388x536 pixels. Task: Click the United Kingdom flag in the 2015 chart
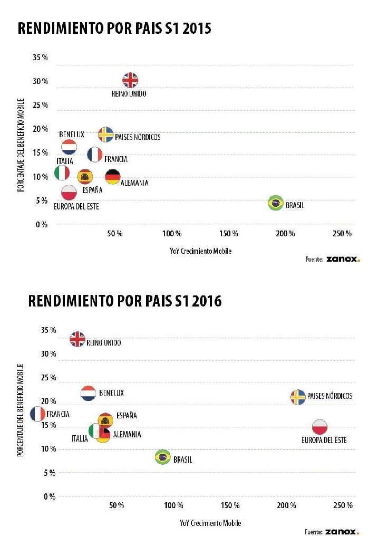click(x=130, y=80)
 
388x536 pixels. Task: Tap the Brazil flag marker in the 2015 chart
click(x=275, y=203)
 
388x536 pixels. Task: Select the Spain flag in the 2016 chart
click(x=105, y=420)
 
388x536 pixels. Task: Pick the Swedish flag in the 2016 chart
click(x=298, y=397)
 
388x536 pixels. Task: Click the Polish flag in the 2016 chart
click(x=319, y=427)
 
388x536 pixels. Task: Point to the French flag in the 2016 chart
click(x=38, y=414)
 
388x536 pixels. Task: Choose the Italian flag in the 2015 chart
click(x=62, y=173)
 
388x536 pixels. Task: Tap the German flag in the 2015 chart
click(x=112, y=177)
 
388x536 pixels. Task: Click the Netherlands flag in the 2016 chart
click(x=88, y=393)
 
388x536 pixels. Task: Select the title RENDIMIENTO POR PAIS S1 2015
click(x=114, y=28)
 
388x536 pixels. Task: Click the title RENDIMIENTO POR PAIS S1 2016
click(x=125, y=301)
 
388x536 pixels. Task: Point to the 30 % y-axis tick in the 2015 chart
click(x=41, y=81)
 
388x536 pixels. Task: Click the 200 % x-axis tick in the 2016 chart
click(x=286, y=505)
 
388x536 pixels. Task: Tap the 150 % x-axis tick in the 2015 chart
click(x=229, y=233)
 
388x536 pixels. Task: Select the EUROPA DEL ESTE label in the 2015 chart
click(x=77, y=206)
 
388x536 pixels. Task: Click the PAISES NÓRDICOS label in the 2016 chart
click(x=329, y=396)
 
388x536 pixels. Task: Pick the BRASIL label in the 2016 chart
click(x=182, y=460)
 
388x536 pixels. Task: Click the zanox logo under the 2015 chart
click(x=343, y=259)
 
